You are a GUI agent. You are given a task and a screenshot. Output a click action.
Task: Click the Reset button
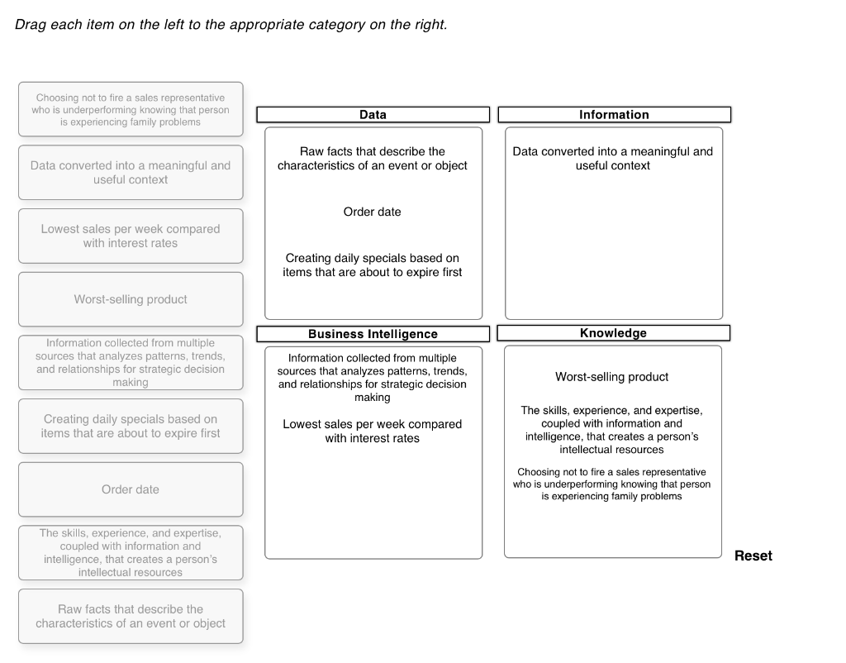coord(753,556)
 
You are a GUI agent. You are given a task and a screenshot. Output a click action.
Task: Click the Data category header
coord(373,115)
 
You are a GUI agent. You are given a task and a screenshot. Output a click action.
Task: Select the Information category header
coord(614,115)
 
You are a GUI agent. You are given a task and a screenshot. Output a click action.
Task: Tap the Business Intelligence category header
coord(373,334)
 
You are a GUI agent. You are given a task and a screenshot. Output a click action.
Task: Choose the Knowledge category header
coord(613,333)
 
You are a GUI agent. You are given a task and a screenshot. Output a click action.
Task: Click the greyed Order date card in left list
coord(131,489)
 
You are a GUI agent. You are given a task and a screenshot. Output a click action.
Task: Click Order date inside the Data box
coord(373,212)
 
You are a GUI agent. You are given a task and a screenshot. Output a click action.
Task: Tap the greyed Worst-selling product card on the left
coord(131,299)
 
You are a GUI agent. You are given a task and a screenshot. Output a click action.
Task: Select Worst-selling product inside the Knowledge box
coord(612,377)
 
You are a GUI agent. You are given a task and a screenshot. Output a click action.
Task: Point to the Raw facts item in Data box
coord(373,158)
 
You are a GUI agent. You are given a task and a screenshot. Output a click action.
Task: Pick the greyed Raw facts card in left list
coord(131,617)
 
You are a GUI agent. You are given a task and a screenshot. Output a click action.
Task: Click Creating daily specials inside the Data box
coord(373,265)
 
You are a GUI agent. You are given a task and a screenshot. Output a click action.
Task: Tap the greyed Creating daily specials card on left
coord(131,426)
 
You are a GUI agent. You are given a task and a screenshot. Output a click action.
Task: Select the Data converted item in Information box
coord(613,158)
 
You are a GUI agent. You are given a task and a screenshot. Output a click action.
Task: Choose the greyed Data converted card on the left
coord(131,172)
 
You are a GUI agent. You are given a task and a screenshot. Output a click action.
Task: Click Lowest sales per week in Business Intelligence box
coord(373,431)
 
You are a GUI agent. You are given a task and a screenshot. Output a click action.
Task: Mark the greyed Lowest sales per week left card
coord(131,236)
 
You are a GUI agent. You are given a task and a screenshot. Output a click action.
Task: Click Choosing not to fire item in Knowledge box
coord(611,484)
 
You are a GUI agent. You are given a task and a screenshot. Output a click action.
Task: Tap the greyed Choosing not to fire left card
coord(131,109)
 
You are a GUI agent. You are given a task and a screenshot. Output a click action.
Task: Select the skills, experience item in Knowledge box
coord(611,430)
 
